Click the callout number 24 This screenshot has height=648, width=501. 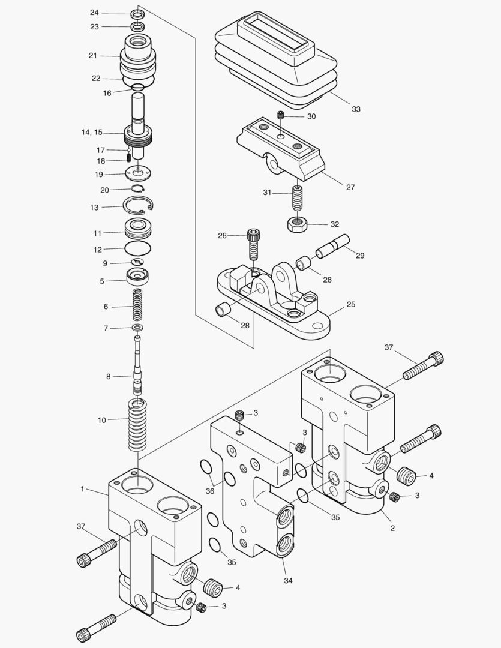pyautogui.click(x=94, y=13)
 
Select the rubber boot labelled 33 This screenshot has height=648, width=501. pyautogui.click(x=276, y=57)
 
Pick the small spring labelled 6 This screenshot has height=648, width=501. pyautogui.click(x=138, y=306)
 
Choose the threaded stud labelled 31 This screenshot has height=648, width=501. pyautogui.click(x=297, y=196)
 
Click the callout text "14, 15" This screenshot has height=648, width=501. pyautogui.click(x=92, y=132)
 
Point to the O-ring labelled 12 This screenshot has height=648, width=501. pyautogui.click(x=138, y=248)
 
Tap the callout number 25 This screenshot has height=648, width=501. pyautogui.click(x=351, y=304)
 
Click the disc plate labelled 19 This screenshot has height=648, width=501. pyautogui.click(x=139, y=174)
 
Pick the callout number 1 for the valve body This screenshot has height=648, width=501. pyautogui.click(x=82, y=489)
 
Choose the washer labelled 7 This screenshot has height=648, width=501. pyautogui.click(x=138, y=328)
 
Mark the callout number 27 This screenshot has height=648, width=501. pyautogui.click(x=350, y=187)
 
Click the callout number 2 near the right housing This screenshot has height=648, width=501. pyautogui.click(x=392, y=528)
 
